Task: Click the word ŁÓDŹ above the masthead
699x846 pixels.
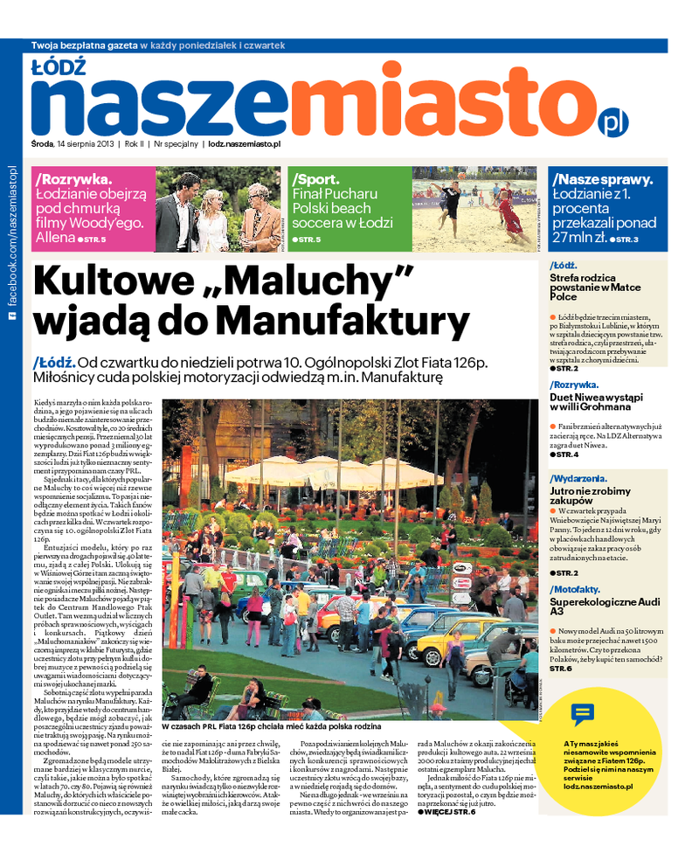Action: coord(58,66)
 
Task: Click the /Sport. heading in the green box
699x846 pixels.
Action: coord(316,178)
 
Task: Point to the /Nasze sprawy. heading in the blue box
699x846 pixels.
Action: coord(602,178)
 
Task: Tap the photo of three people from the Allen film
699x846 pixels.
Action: coord(218,210)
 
